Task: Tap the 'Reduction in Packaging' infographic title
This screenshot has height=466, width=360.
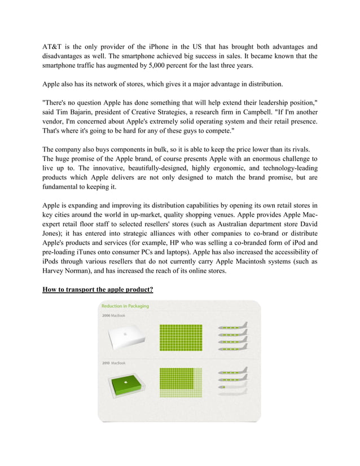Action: click(125, 306)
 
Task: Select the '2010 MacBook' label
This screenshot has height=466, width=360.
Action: click(113, 363)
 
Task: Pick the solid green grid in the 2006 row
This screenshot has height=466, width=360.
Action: click(181, 337)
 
